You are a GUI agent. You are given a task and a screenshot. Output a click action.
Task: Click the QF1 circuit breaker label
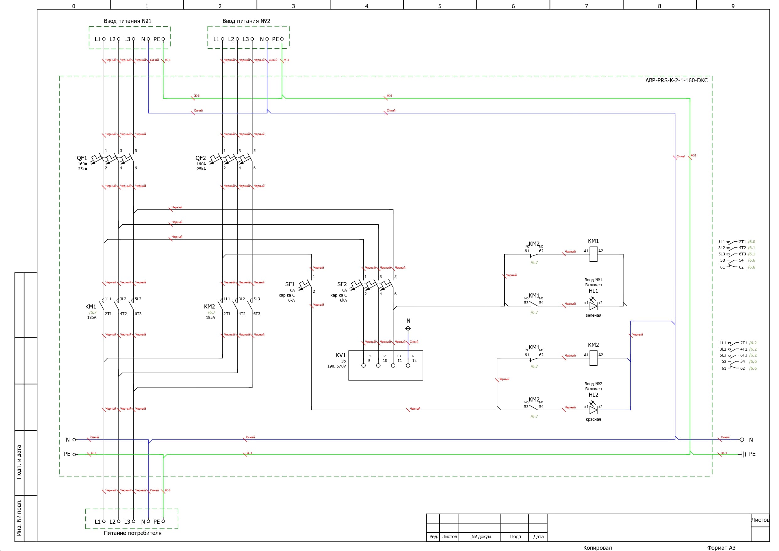pyautogui.click(x=82, y=158)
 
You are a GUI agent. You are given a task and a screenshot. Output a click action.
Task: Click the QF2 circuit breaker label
pyautogui.click(x=201, y=158)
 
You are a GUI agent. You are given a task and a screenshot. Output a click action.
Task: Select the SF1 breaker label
pyautogui.click(x=290, y=284)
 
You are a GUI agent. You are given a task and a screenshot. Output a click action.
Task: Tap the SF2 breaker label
pyautogui.click(x=342, y=284)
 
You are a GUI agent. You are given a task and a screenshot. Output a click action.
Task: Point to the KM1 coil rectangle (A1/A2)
pyautogui.click(x=593, y=254)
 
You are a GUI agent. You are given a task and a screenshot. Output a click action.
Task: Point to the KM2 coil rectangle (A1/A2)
pyautogui.click(x=593, y=358)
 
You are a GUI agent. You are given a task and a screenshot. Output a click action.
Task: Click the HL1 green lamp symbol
pyautogui.click(x=593, y=306)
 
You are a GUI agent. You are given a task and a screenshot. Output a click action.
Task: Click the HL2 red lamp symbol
pyautogui.click(x=593, y=410)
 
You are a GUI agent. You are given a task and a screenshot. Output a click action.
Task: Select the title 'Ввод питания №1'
pyautogui.click(x=127, y=21)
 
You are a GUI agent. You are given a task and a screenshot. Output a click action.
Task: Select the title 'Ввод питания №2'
pyautogui.click(x=246, y=21)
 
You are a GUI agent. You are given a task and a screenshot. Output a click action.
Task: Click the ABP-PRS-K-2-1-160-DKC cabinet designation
pyautogui.click(x=676, y=80)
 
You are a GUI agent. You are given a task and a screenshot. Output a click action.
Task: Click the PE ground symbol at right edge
pyautogui.click(x=744, y=454)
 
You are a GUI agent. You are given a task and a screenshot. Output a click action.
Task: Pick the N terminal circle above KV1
pyautogui.click(x=408, y=328)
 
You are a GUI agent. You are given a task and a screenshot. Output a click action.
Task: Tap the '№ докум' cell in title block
pyautogui.click(x=481, y=537)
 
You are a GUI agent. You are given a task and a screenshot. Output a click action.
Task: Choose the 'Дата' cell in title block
pyautogui.click(x=538, y=537)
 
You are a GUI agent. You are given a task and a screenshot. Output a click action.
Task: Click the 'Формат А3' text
pyautogui.click(x=721, y=548)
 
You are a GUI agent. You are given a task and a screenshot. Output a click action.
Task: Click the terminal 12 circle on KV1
pyautogui.click(x=408, y=366)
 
